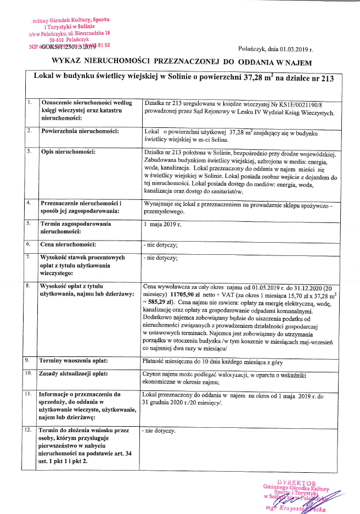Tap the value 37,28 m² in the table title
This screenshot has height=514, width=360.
258,77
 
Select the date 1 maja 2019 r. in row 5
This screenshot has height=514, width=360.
162,224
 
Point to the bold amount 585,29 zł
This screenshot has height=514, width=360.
164,302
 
